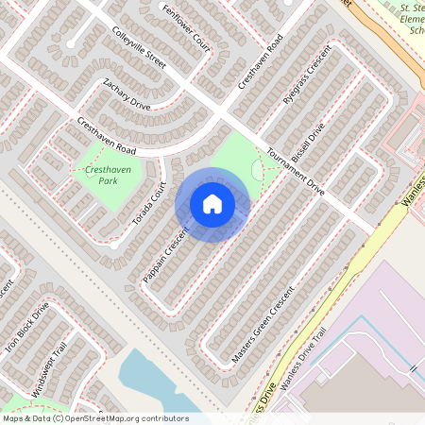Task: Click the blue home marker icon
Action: click(212, 204)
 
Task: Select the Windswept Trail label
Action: click(49, 369)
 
